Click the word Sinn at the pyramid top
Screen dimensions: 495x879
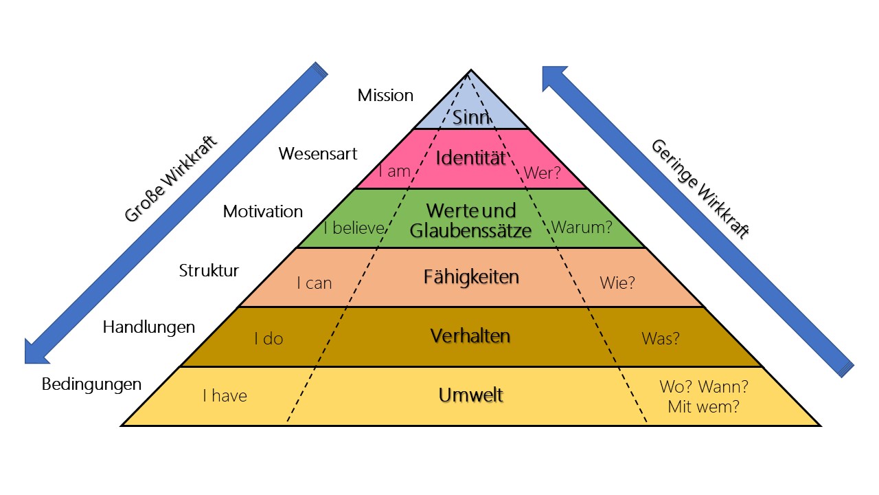coord(471,117)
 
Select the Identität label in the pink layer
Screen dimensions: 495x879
coord(470,159)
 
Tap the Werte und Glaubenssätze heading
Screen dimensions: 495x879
coord(470,220)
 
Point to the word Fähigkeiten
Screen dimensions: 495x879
coord(470,277)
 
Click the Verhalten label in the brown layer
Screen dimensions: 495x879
coord(470,335)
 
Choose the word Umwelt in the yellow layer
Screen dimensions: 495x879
coord(470,395)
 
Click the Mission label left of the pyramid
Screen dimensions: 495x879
coord(385,96)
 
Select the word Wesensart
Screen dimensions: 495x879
coord(318,153)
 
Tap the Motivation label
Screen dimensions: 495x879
coord(263,212)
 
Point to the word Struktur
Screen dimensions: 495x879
coord(209,270)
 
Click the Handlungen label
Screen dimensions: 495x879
coord(149,327)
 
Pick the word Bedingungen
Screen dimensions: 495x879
coord(92,384)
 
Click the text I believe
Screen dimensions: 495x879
coord(353,228)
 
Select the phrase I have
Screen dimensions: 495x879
coord(225,396)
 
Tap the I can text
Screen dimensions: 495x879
coord(314,283)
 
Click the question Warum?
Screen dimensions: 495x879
coord(582,227)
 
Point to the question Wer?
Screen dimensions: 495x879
coord(543,173)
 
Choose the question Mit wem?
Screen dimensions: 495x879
coord(703,406)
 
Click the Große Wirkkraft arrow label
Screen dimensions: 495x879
coord(171,177)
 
